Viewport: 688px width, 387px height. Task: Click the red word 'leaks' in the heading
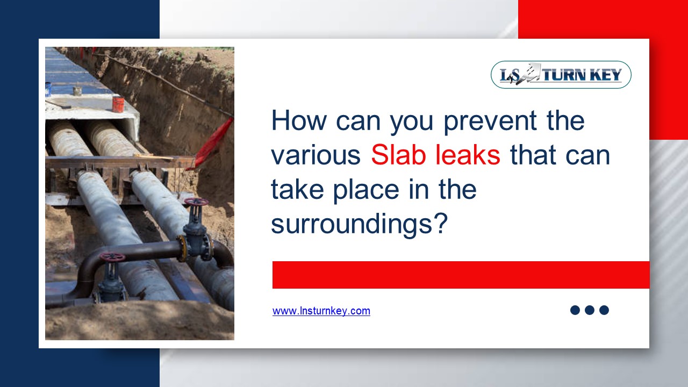(x=468, y=155)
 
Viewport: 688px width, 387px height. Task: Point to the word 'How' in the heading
(x=299, y=121)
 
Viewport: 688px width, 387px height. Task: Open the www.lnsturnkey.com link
(x=321, y=311)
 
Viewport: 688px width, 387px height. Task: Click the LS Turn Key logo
(x=561, y=75)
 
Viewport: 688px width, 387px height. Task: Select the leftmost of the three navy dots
(x=575, y=310)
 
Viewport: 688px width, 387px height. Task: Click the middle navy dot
(x=589, y=310)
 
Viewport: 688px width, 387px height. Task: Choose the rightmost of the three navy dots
(x=604, y=310)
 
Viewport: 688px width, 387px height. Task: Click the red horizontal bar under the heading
(x=461, y=275)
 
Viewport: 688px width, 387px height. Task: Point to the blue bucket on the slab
(x=48, y=89)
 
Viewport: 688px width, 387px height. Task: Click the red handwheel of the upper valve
(x=196, y=202)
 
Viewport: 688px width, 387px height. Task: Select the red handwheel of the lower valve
(x=112, y=257)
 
